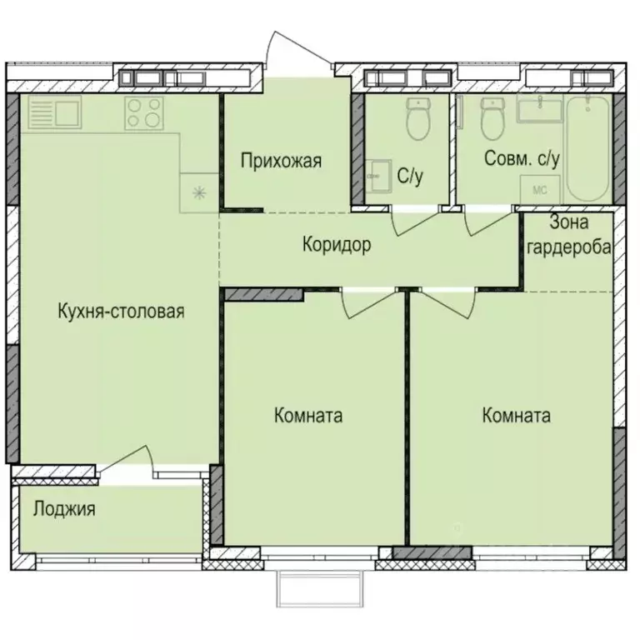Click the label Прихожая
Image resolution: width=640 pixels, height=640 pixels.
point(281,161)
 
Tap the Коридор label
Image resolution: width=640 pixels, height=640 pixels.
point(336,245)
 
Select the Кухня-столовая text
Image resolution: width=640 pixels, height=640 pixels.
point(121,312)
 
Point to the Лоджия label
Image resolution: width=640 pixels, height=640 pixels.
point(63,508)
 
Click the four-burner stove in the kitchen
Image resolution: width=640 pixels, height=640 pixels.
point(143,113)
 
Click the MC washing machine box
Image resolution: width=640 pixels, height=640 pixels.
point(539,189)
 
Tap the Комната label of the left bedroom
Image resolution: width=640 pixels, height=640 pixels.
point(308,416)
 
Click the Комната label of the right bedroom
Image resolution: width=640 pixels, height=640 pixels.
point(516,416)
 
